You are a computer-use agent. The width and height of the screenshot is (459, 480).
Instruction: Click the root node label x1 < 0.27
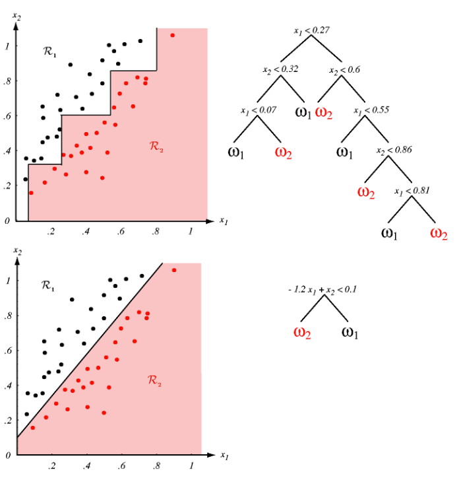coord(312,30)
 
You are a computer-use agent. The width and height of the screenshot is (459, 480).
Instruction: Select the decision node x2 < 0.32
coord(280,69)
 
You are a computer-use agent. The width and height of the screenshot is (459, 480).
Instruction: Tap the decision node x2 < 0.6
coord(344,69)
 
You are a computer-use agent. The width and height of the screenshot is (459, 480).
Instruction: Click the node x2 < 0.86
coord(394,151)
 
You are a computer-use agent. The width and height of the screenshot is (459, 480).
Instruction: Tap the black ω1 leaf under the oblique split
coord(351,332)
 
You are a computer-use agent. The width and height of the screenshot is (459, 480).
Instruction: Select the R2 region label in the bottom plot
coord(154,380)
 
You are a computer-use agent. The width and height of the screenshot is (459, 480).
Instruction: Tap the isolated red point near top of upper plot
coord(172,36)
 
